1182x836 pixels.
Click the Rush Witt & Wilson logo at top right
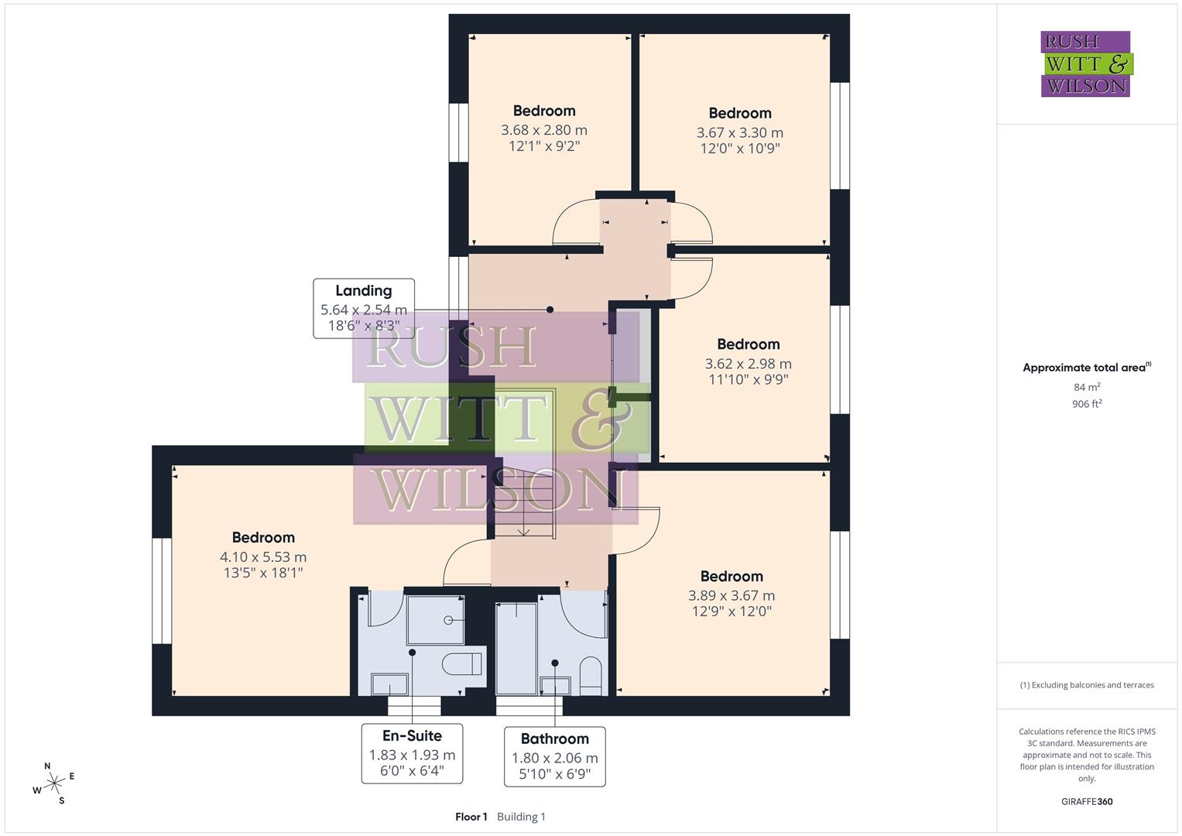(1085, 63)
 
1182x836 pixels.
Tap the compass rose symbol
(53, 783)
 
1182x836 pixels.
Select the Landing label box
(363, 308)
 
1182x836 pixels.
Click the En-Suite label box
(412, 753)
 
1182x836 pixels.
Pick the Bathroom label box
(554, 756)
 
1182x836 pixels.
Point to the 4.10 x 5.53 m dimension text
(263, 557)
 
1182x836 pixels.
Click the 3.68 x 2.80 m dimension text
(543, 130)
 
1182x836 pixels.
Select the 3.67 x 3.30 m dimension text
(739, 132)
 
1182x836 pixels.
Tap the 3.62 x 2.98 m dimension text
(748, 364)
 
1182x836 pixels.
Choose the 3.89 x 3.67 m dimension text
(731, 595)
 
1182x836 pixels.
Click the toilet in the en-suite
(462, 664)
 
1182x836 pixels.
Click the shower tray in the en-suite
(435, 620)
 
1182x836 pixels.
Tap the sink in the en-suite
(389, 684)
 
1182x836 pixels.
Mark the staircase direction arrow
(524, 529)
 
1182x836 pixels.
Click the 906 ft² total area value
(1087, 404)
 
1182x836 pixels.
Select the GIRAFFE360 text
(1087, 801)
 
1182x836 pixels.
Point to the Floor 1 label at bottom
(471, 817)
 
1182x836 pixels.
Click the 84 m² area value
(1087, 387)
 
